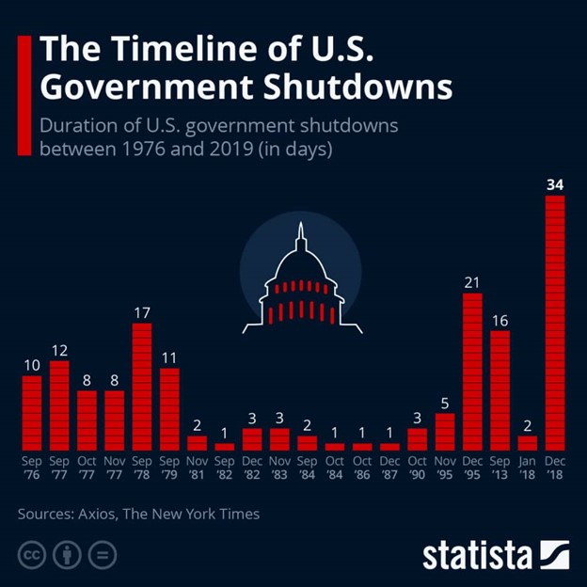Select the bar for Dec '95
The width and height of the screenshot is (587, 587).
(x=472, y=372)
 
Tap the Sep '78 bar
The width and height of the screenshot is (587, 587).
(x=142, y=387)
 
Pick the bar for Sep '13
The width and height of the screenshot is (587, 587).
(x=500, y=390)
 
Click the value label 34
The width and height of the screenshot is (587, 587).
(x=555, y=185)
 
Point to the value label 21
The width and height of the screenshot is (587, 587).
(x=472, y=282)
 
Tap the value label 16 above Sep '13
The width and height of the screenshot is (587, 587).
(x=500, y=321)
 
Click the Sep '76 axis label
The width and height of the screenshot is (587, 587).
(x=32, y=468)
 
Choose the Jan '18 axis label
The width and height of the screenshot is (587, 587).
(x=527, y=468)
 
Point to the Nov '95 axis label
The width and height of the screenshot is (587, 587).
(x=445, y=468)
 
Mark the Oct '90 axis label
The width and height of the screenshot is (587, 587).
(x=417, y=468)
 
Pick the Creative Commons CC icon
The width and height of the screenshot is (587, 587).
(x=33, y=553)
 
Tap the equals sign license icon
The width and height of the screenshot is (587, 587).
(x=102, y=553)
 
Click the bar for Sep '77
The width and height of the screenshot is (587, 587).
(x=59, y=405)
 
